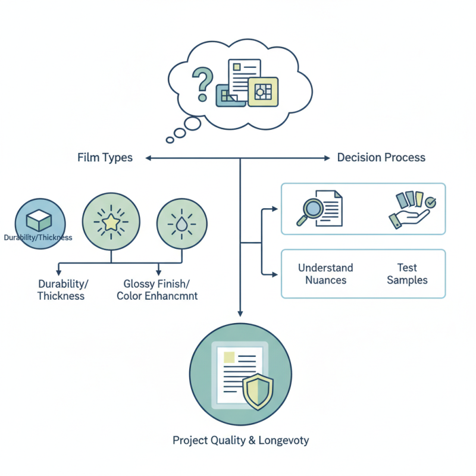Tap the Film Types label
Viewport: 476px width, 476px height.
point(105,158)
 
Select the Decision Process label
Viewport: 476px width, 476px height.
point(381,158)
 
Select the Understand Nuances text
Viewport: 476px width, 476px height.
point(325,274)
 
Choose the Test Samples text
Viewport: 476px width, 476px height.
point(407,274)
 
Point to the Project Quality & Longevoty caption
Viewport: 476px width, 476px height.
point(240,441)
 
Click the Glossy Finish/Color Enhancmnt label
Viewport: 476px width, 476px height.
point(157,290)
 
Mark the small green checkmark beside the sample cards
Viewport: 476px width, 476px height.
point(431,203)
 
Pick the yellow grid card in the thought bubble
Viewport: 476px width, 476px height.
point(262,92)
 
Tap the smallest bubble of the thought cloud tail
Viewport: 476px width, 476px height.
point(170,140)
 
